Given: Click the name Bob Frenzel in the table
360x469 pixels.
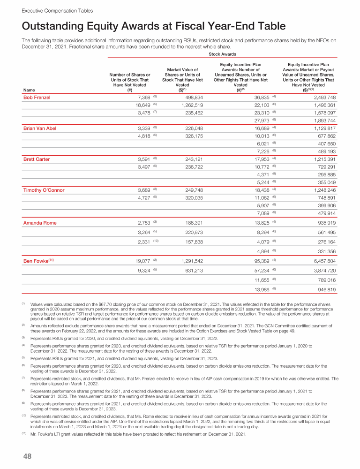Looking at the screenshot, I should point(37,98).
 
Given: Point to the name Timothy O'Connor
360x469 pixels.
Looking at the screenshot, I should point(44,190).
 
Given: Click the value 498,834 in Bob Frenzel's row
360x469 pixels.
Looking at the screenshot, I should point(194,98).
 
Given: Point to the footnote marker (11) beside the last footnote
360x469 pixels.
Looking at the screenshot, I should point(24,433).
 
